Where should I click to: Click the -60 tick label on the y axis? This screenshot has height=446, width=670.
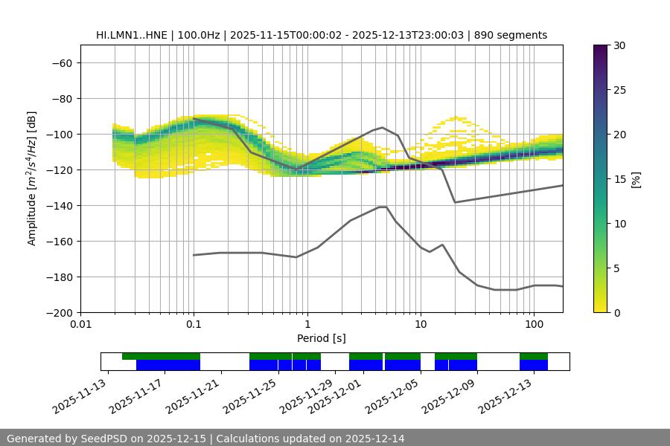tap(61, 63)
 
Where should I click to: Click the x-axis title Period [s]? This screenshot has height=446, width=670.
tap(322, 339)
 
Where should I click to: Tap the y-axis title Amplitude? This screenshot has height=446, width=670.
tap(32, 179)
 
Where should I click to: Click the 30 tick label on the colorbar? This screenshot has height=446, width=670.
tap(619, 45)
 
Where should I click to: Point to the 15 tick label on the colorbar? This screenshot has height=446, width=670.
tap(619, 179)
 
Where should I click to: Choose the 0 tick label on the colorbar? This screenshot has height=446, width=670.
tap(616, 313)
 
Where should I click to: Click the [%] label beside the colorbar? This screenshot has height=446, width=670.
tap(635, 179)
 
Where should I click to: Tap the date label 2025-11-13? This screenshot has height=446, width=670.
tap(80, 398)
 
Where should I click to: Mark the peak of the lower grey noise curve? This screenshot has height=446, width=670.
tap(383, 207)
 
